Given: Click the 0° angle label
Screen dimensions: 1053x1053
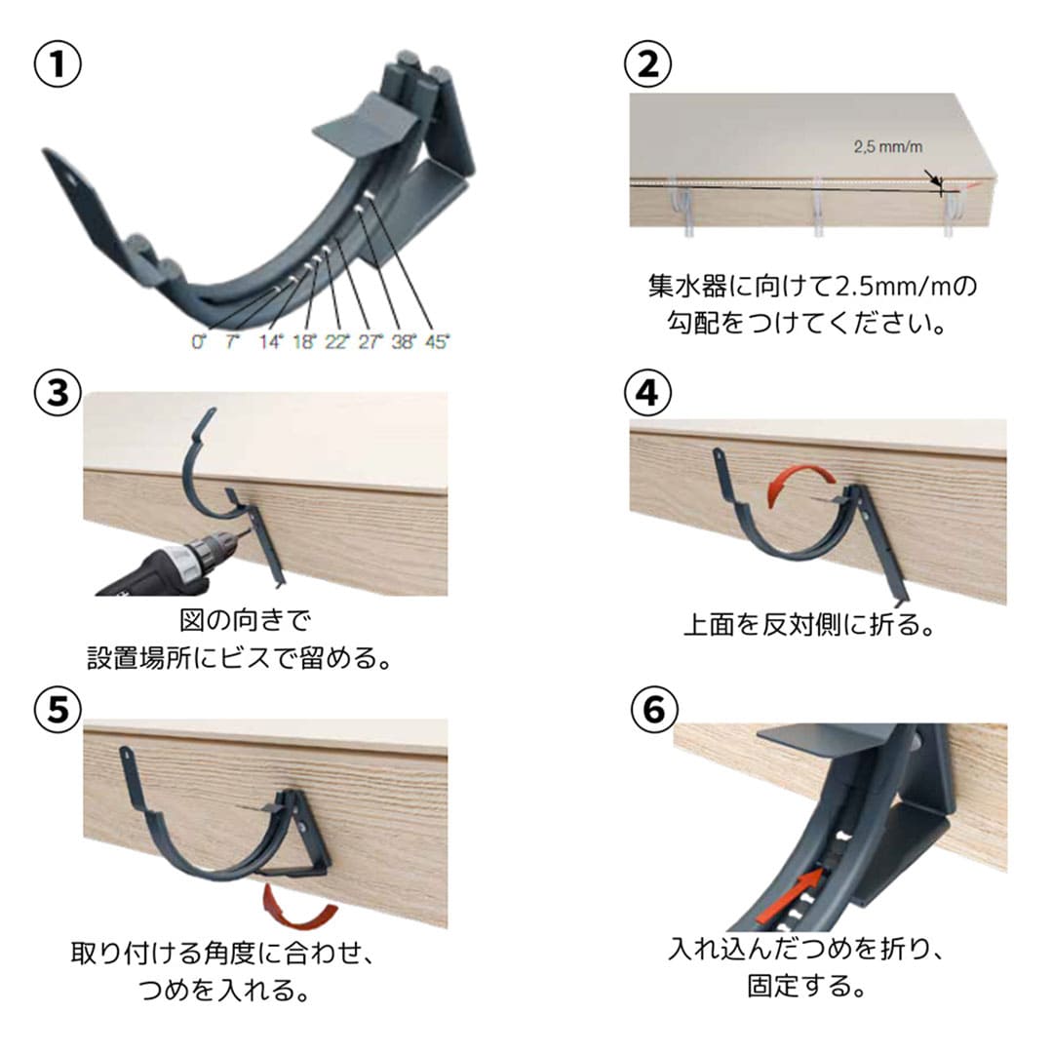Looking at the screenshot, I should (198, 342).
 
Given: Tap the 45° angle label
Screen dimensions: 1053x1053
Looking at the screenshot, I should (437, 342).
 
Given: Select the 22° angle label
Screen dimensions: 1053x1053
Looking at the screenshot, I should (336, 342).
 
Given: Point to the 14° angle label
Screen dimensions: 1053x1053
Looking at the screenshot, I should (270, 342).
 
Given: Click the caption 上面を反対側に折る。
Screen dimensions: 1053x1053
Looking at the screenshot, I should (808, 625).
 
